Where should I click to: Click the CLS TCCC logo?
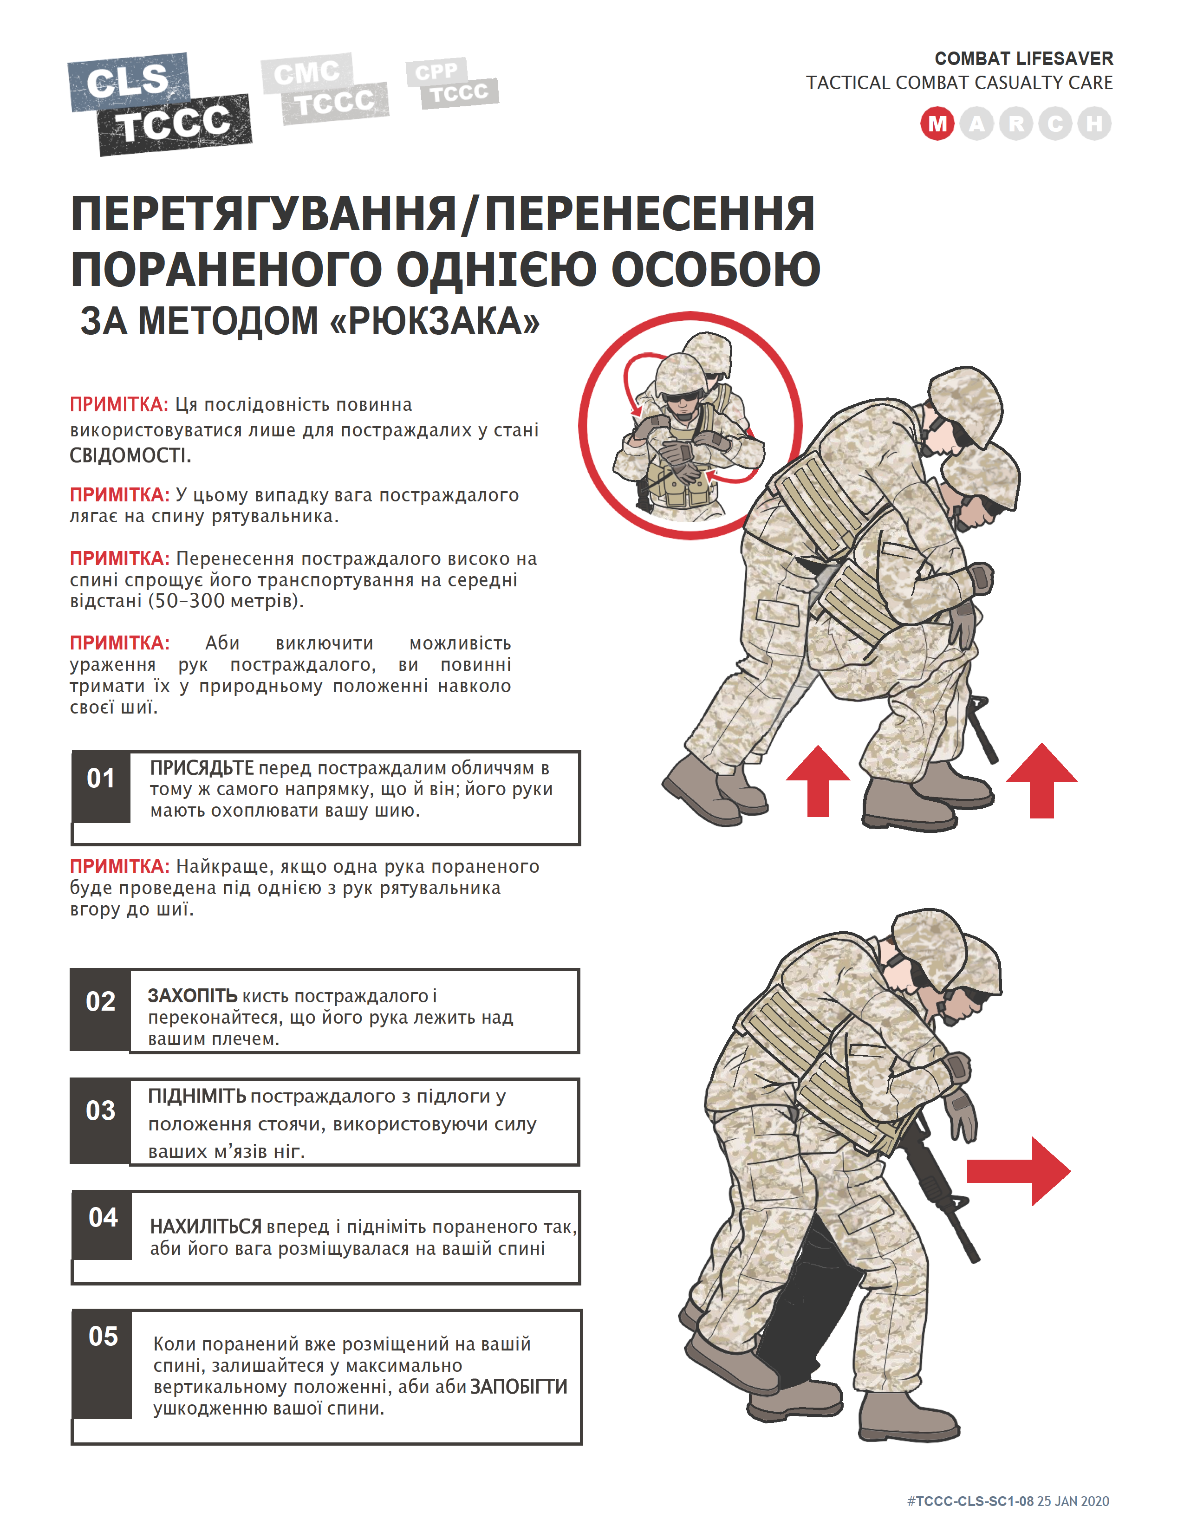pos(160,104)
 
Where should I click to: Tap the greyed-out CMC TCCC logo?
pos(324,88)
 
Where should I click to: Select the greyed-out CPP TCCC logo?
pos(452,84)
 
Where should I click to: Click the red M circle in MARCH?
pos(937,124)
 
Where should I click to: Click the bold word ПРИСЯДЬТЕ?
pos(202,768)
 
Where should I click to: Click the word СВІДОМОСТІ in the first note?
pos(130,456)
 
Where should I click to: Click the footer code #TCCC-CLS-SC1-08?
pos(970,1501)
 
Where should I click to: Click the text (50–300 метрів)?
pos(226,601)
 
